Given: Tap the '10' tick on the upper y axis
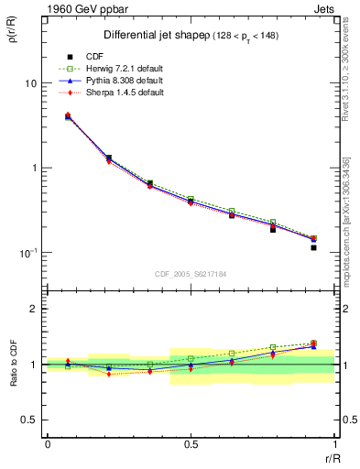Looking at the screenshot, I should (29, 83).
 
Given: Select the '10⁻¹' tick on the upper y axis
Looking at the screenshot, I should (27, 253).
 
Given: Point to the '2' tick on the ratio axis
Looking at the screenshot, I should (33, 310).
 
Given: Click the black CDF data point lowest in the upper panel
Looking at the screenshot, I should (313, 247).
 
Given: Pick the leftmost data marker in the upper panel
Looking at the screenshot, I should (68, 116).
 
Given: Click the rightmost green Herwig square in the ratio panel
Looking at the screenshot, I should (313, 344).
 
